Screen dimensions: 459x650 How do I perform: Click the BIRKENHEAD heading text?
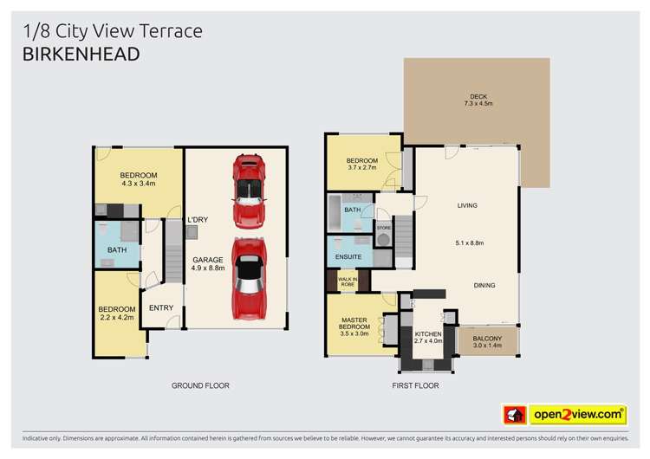79,54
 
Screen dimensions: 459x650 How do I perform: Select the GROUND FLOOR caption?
199,385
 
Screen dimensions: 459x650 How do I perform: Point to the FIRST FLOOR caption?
416,385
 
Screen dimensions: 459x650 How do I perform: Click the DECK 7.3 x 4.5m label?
478,100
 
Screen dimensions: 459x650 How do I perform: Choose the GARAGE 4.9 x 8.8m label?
208,264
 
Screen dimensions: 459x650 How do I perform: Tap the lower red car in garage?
249,279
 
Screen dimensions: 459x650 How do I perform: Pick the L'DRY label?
198,219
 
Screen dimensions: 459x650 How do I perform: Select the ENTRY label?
161,307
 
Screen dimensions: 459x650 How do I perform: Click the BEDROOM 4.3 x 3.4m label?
139,180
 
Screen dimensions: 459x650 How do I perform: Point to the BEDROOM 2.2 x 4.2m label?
116,314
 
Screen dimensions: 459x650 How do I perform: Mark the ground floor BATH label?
116,250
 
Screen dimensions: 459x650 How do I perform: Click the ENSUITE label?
348,257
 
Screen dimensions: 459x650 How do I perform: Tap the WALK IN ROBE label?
348,281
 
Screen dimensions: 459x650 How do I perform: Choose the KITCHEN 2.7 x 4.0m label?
427,337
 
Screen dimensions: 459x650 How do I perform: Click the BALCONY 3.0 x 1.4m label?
488,340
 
